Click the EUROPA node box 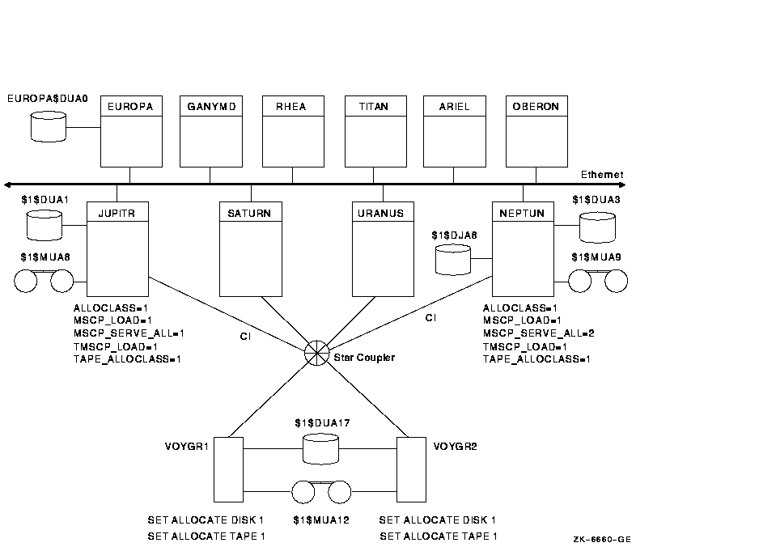[130, 131]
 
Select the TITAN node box [375, 131]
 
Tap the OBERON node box [536, 131]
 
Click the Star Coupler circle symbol [316, 353]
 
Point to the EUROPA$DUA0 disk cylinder [48, 127]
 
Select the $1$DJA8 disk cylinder [453, 259]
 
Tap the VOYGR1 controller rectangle [228, 469]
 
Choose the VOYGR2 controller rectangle [411, 469]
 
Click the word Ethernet [602, 175]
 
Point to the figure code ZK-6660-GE [602, 539]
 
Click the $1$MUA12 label [321, 520]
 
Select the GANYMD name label [209, 107]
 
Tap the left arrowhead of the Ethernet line [8, 184]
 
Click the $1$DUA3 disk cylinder [598, 227]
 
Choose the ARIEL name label [454, 107]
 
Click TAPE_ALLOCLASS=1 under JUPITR [127, 358]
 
